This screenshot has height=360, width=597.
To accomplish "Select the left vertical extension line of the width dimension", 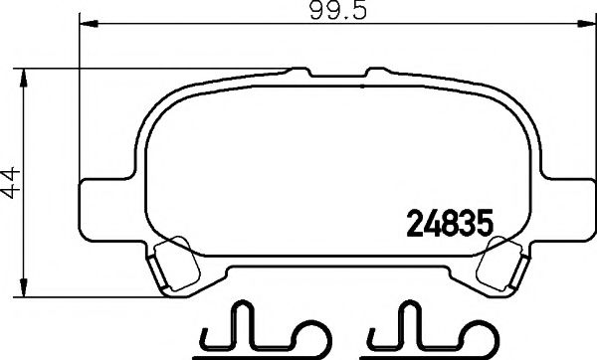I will coord(79,99).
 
